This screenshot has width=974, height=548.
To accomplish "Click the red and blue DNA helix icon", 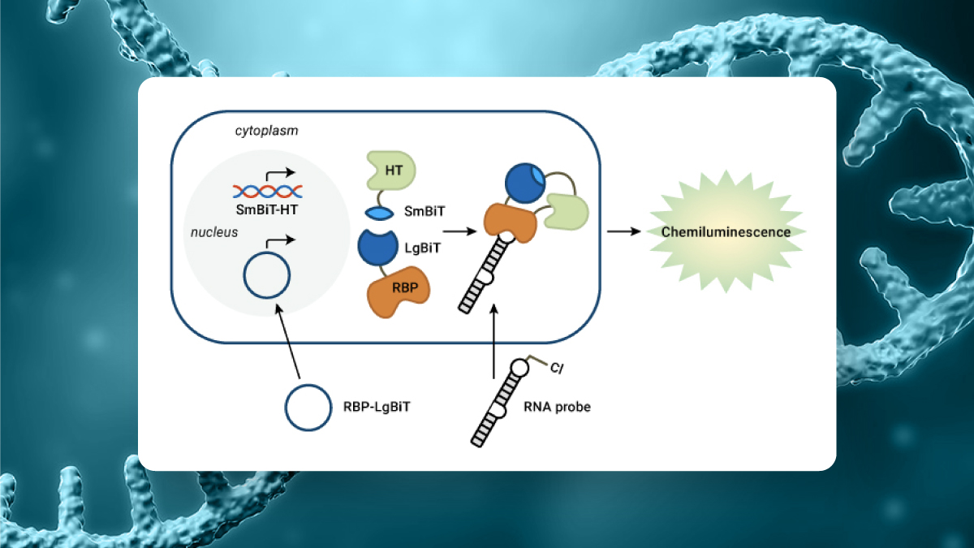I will (x=268, y=192).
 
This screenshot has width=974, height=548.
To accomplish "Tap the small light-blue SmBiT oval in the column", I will (x=380, y=212).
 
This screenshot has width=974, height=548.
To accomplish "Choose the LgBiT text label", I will (x=422, y=247).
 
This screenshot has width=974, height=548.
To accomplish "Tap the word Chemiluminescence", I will (x=726, y=232).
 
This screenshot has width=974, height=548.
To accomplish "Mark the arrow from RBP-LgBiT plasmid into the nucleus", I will (x=289, y=341).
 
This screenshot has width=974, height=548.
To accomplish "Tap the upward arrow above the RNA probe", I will (x=494, y=341).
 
